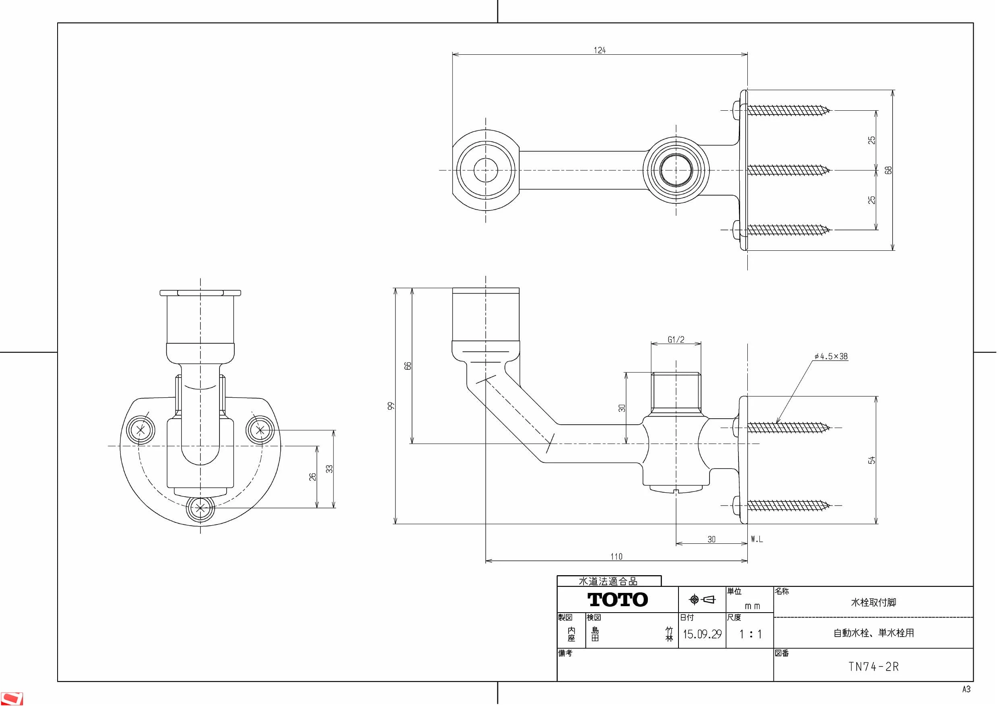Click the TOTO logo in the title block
tap(617, 599)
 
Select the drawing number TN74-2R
tap(873, 667)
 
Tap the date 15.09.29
tap(702, 634)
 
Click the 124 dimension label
tap(600, 50)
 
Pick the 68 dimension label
tap(889, 170)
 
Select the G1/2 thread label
tap(676, 340)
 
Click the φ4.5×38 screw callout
tap(831, 356)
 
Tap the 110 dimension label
tap(616, 556)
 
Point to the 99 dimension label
tap(391, 405)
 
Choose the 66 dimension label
tap(407, 366)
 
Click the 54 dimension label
tap(871, 460)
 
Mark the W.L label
tap(757, 539)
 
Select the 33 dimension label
tap(329, 469)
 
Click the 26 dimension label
tap(312, 477)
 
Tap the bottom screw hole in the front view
tap(200, 508)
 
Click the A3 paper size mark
tap(966, 689)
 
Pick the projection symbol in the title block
tap(702, 599)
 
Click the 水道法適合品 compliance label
tap(608, 581)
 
